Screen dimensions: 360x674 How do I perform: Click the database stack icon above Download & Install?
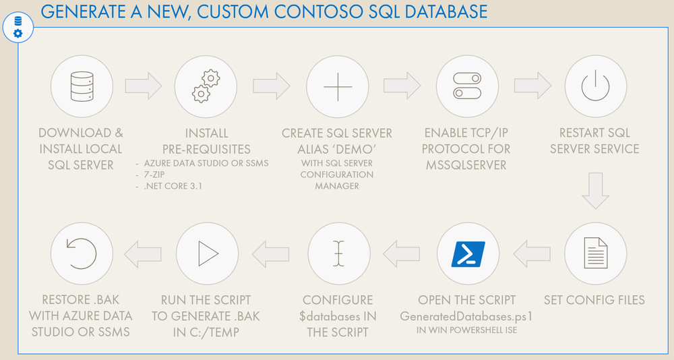81,86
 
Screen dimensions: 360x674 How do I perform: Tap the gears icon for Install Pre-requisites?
206,86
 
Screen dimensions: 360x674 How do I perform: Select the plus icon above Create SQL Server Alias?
338,86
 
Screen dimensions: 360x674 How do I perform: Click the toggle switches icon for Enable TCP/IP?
467,86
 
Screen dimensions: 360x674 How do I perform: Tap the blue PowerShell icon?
467,253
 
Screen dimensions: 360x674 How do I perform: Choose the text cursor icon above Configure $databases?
338,253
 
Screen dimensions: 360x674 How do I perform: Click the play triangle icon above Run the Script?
206,253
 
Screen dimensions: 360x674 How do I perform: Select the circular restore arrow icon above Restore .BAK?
81,253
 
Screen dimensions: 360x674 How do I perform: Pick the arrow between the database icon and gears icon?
144,86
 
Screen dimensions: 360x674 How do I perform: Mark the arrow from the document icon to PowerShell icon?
532,253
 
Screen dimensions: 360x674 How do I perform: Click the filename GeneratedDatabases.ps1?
466,316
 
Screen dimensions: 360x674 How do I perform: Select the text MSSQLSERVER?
467,165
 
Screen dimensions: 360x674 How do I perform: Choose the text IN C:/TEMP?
206,331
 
